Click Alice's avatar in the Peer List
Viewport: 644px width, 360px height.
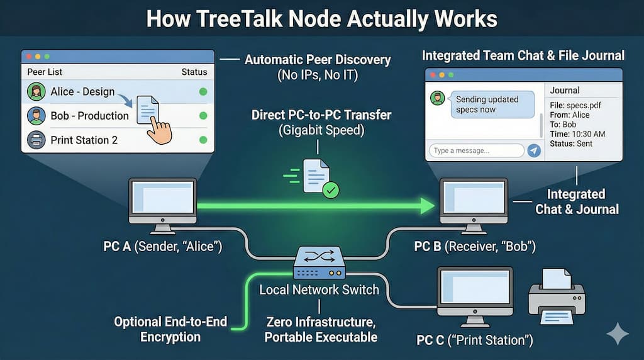coord(36,92)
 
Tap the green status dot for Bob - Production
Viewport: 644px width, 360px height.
coord(203,116)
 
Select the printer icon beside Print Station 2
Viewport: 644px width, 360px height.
coord(36,140)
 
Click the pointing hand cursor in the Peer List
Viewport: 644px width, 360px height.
coord(159,130)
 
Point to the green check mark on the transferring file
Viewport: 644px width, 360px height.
coord(331,190)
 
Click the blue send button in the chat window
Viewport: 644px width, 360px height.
coord(533,150)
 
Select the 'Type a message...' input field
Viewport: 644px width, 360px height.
coord(477,150)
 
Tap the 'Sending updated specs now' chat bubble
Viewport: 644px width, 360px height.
coord(492,104)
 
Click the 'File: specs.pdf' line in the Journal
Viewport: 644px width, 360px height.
coord(575,105)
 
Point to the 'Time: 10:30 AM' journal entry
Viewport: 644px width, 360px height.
coord(577,134)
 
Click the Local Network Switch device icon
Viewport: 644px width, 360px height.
coord(319,262)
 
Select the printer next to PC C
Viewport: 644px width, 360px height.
coord(557,296)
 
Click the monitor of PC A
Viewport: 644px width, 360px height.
coord(163,201)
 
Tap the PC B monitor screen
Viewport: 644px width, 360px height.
coord(474,198)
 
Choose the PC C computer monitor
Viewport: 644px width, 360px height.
coord(475,290)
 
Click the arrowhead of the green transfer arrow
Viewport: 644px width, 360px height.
coord(428,205)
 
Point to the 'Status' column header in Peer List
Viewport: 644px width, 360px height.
coord(194,72)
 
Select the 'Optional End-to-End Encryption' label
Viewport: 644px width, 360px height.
coord(170,329)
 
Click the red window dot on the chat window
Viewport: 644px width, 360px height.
coord(433,75)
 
